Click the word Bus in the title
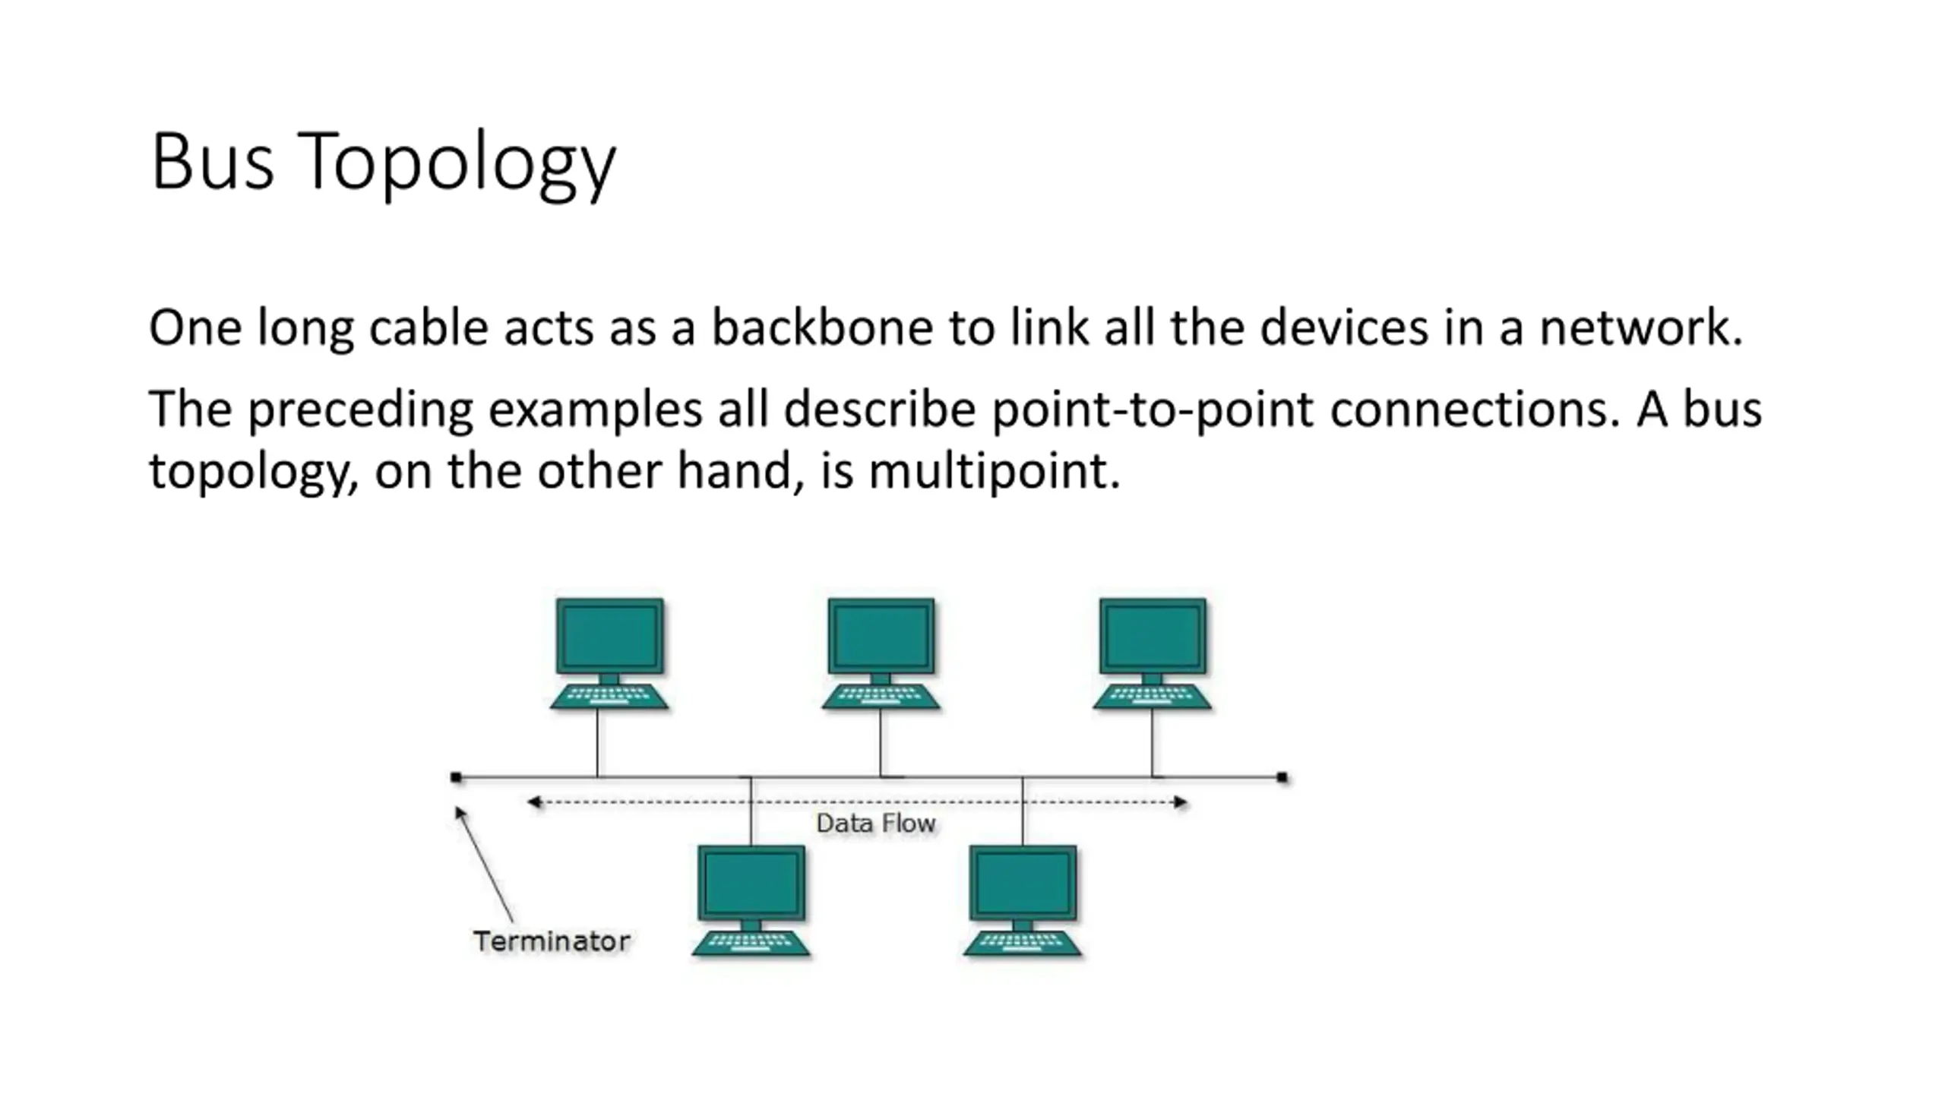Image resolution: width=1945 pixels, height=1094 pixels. tap(212, 160)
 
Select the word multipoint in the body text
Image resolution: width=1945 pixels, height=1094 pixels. tap(994, 472)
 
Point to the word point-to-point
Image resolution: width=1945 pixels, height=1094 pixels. tap(1153, 411)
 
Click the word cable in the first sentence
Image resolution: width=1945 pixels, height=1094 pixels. tap(428, 327)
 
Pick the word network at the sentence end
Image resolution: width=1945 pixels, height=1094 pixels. tap(1641, 327)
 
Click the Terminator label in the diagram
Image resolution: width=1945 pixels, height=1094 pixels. tap(552, 941)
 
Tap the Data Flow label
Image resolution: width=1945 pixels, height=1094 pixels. tap(875, 823)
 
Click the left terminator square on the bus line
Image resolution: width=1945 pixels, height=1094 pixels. tap(456, 777)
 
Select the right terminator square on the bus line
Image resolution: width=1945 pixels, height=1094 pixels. tap(1282, 777)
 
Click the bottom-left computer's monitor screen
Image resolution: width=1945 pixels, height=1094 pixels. tap(751, 884)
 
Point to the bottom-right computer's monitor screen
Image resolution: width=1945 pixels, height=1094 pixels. tap(1023, 884)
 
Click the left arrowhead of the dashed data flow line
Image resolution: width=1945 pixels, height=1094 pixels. tap(534, 802)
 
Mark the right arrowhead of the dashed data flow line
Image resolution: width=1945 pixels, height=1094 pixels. tap(1181, 802)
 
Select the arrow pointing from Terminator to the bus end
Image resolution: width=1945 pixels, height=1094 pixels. tap(484, 865)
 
